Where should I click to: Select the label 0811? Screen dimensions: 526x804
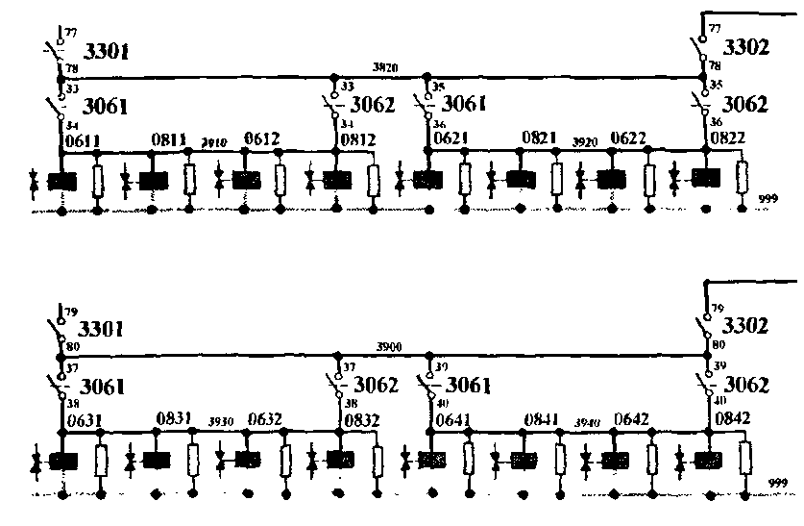[x=169, y=140]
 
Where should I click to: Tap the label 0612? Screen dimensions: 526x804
[x=261, y=140]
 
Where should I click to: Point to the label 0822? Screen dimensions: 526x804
[x=727, y=138]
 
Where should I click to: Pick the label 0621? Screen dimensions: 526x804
[x=450, y=138]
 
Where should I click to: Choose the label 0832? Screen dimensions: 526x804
[x=358, y=419]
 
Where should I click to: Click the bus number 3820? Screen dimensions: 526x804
[x=385, y=66]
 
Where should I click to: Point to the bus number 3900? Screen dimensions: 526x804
[x=388, y=346]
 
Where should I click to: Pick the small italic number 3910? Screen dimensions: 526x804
[x=213, y=142]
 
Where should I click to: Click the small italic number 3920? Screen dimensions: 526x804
[x=585, y=141]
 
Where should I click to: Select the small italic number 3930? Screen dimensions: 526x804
[x=222, y=421]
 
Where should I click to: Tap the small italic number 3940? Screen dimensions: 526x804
[x=587, y=421]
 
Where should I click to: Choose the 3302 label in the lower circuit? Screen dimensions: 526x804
[x=745, y=326]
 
